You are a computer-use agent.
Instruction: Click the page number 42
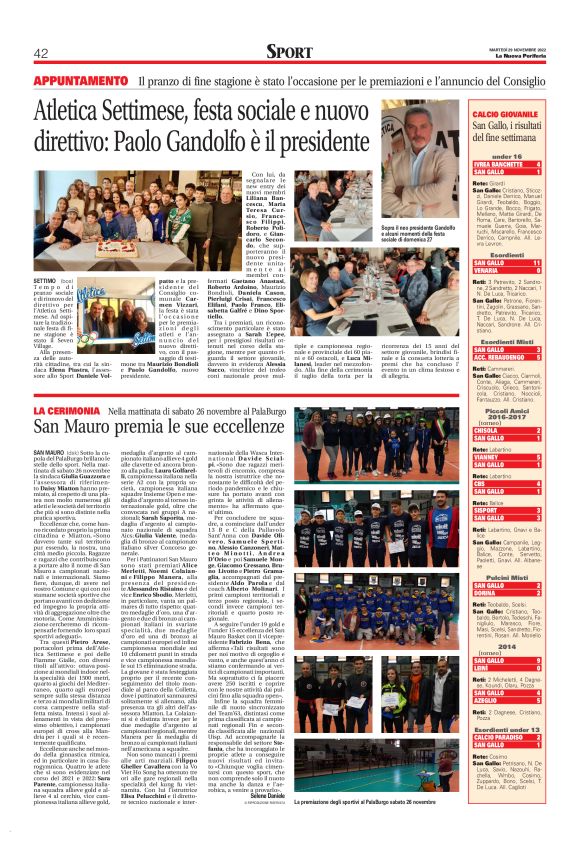coord(42,53)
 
